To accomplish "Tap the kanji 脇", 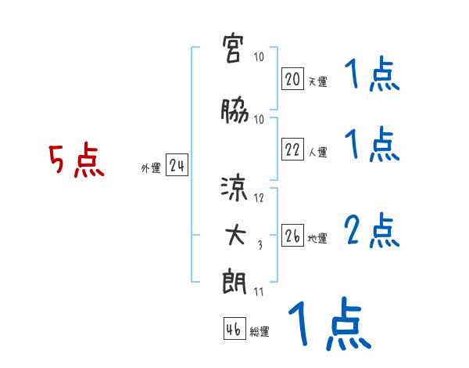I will click(x=234, y=112).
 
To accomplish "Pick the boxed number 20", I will click(x=292, y=80).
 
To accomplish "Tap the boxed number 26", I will click(x=292, y=236).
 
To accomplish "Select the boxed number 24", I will click(x=177, y=167).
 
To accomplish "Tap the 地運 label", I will click(x=317, y=238).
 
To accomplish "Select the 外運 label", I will click(x=151, y=168).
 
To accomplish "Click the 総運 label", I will click(x=260, y=331).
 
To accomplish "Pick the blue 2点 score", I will click(x=372, y=232).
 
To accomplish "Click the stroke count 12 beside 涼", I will click(x=260, y=198).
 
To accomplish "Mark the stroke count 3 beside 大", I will click(x=260, y=245).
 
